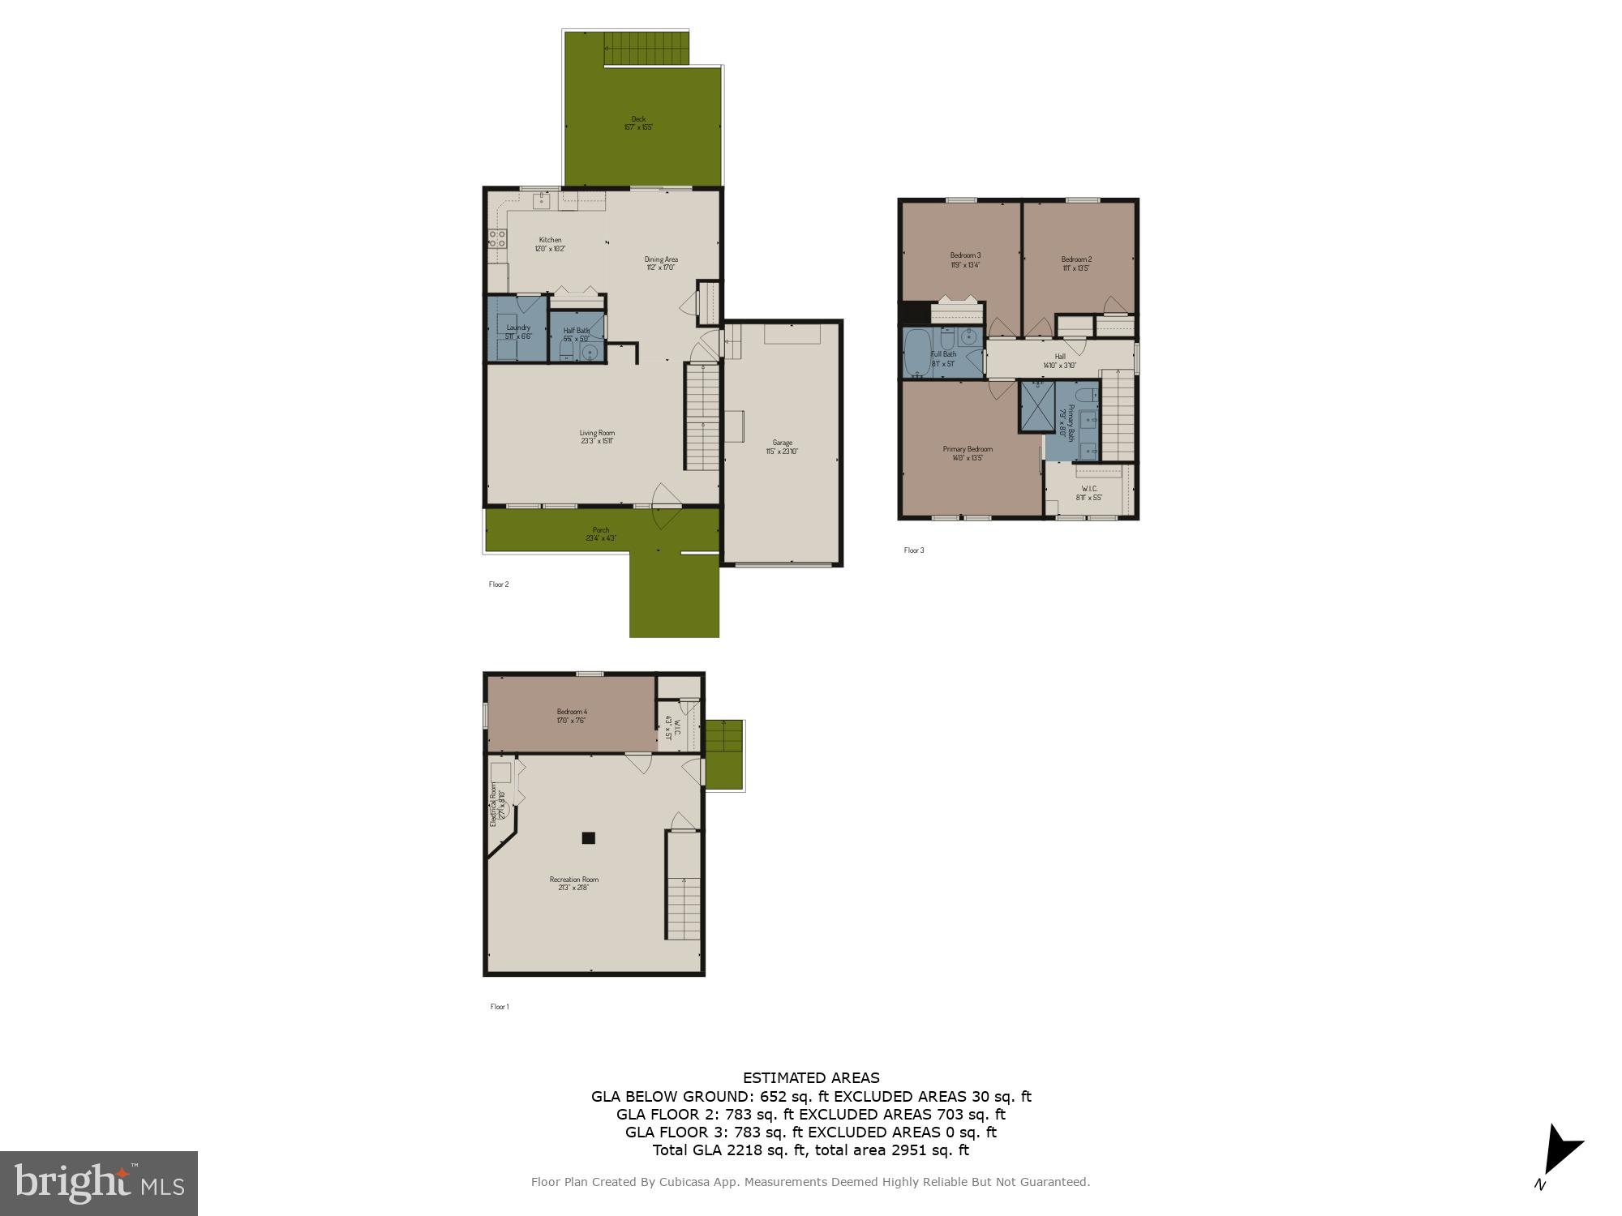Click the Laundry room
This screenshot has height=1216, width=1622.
(x=517, y=328)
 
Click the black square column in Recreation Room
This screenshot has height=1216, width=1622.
(x=589, y=838)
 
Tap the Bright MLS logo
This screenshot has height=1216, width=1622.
(x=99, y=1183)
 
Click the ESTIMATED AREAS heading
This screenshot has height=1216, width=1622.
(x=811, y=1078)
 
